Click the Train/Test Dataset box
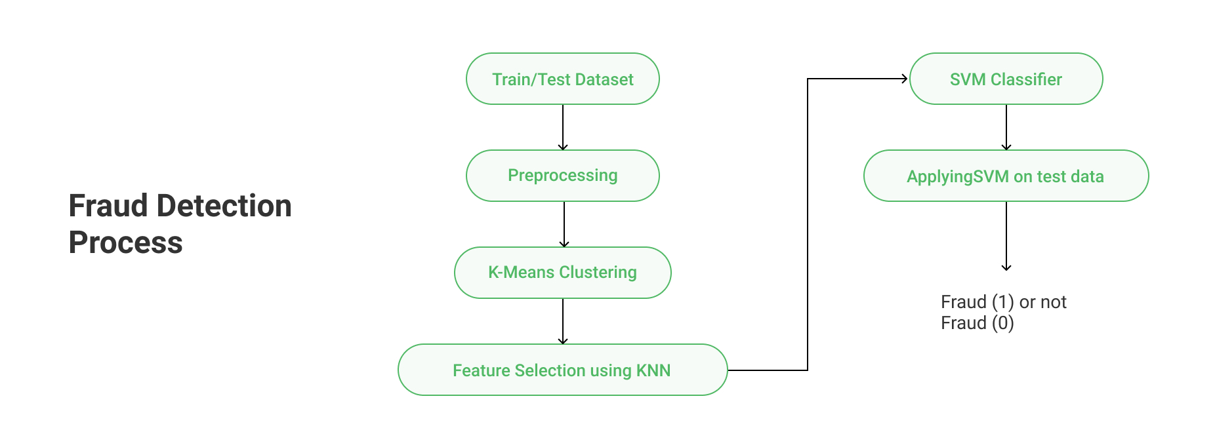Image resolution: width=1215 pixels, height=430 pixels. tap(563, 79)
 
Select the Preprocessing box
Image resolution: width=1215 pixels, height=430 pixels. tap(563, 176)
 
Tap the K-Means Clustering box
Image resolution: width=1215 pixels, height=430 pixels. tap(563, 273)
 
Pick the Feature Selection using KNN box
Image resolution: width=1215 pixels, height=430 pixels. tap(563, 370)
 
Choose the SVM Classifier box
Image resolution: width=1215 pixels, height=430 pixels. tap(1006, 79)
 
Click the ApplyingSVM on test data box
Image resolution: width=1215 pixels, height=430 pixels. tap(1006, 176)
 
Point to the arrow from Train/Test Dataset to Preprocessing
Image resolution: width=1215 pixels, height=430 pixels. tap(563, 127)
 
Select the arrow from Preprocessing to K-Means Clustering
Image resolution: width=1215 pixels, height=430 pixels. tap(564, 224)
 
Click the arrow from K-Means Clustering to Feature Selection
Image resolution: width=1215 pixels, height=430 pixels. tap(563, 321)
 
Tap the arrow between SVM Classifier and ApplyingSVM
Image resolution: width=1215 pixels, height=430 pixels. tap(1006, 127)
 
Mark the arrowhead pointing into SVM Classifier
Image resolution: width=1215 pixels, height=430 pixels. tap(905, 79)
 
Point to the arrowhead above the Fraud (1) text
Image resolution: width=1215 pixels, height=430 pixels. tap(1006, 267)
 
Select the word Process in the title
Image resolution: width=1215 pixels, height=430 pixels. tap(126, 243)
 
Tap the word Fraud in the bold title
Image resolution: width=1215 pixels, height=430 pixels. tap(108, 206)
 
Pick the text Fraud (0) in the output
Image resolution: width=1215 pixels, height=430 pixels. tap(978, 323)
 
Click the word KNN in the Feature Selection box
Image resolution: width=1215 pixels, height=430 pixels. tap(653, 370)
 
